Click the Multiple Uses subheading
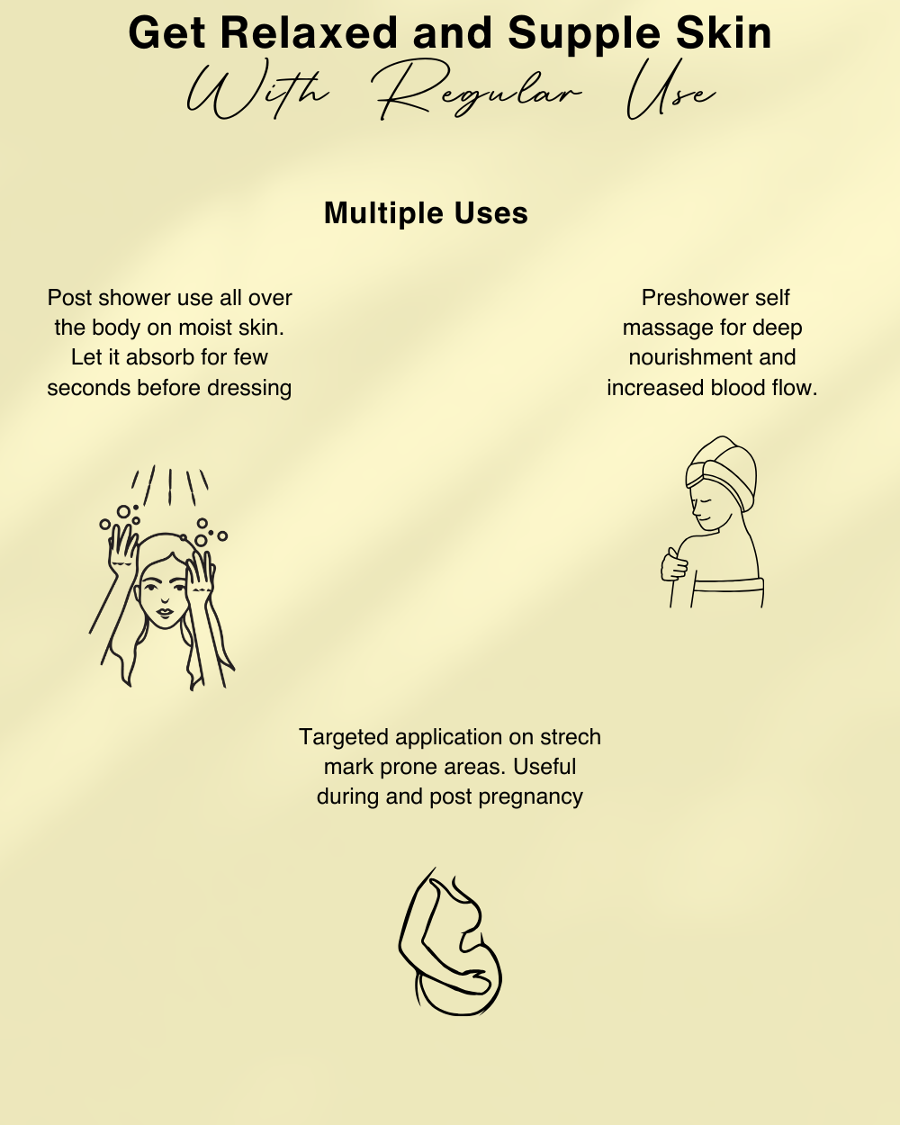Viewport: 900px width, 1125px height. (x=426, y=213)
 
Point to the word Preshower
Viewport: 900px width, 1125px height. (x=683, y=299)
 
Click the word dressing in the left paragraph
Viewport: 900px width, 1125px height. (x=249, y=389)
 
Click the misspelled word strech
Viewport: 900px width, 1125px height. (x=570, y=737)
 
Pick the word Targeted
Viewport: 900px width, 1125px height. (x=344, y=738)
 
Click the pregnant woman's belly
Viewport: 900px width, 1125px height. (x=459, y=982)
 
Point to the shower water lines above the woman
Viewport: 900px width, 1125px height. (x=170, y=486)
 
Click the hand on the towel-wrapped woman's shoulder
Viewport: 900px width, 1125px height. (x=673, y=564)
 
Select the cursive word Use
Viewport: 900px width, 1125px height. (x=670, y=90)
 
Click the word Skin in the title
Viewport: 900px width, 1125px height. (x=724, y=33)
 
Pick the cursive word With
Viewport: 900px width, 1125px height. (x=257, y=89)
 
